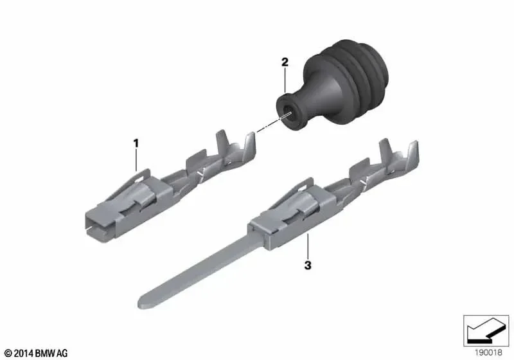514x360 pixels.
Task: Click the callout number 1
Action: [136, 143]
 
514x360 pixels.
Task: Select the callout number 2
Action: [285, 62]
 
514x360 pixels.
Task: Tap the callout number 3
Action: [308, 265]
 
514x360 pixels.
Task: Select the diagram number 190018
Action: [488, 353]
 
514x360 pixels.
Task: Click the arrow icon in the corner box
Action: [486, 330]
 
